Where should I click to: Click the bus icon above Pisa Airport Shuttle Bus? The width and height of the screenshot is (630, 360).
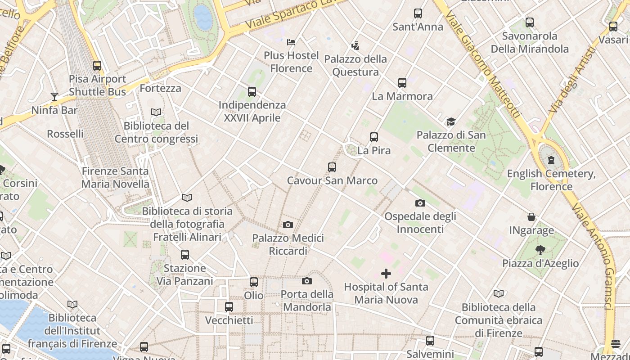point(97,66)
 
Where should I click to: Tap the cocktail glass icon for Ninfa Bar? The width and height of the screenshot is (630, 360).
point(54,96)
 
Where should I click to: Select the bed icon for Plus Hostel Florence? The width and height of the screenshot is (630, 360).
point(291,42)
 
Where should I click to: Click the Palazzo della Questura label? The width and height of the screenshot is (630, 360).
point(355,66)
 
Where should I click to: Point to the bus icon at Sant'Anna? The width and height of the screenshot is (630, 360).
point(418,13)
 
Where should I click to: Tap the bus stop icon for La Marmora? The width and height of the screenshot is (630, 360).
point(402,83)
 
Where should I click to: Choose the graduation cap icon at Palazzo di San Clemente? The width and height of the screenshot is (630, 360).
point(451,121)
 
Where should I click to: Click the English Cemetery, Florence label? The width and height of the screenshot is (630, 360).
point(551,180)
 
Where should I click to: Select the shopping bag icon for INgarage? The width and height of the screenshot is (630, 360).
point(531,217)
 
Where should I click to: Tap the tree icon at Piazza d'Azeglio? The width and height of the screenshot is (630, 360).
point(540,250)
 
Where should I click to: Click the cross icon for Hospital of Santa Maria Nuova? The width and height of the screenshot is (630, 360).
point(386,274)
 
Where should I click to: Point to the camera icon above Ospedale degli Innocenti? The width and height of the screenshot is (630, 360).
point(420,203)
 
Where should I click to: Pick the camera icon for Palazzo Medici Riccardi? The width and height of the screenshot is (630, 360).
point(288,225)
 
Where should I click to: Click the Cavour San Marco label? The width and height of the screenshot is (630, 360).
point(332,181)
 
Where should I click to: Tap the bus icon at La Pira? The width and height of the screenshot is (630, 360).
point(374,137)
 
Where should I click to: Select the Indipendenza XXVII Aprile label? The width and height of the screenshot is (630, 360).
point(252,112)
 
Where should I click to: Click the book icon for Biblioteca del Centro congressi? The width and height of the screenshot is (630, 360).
point(156,112)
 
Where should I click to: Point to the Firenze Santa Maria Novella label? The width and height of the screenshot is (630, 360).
point(115,178)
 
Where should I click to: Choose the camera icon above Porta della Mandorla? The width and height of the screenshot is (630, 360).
point(307,281)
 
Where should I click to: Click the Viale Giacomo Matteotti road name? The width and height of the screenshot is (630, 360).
point(483,63)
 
